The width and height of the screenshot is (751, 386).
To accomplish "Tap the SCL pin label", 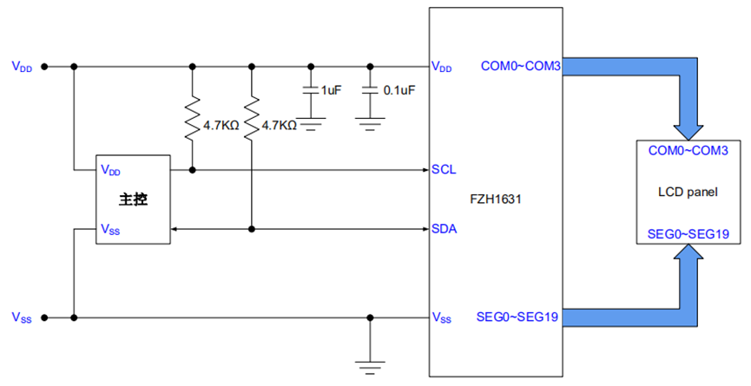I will tap(444, 169).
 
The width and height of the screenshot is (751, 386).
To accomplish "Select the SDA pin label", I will tap(445, 229).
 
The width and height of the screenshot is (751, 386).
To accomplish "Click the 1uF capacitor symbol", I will tap(310, 90).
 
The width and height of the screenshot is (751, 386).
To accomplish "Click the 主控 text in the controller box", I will tap(133, 200).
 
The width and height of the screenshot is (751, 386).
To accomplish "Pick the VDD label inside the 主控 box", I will tap(111, 169).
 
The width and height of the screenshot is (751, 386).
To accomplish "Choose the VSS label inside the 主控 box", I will tap(111, 230).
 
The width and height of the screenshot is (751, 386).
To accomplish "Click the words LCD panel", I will tap(688, 192).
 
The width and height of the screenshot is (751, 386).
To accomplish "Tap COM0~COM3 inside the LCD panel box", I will tap(688, 150).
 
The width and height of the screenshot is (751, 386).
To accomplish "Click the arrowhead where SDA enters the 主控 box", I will tap(175, 229).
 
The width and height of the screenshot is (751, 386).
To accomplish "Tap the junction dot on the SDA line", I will tap(252, 229).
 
